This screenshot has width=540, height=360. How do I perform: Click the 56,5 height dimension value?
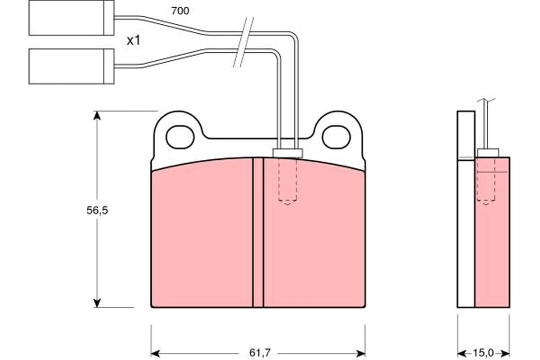(97, 210)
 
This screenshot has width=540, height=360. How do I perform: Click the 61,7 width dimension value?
(258, 352)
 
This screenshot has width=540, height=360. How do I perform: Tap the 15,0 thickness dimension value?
(484, 352)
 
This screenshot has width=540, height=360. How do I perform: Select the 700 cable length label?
(180, 10)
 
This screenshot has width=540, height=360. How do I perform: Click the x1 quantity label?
(133, 40)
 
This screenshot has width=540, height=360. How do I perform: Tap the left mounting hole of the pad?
(180, 137)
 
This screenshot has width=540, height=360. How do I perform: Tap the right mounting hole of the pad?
(336, 137)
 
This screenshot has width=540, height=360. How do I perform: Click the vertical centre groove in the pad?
(258, 234)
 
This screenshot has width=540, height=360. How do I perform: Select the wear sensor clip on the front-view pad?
(288, 153)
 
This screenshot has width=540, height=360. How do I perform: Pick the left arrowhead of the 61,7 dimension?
(156, 352)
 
